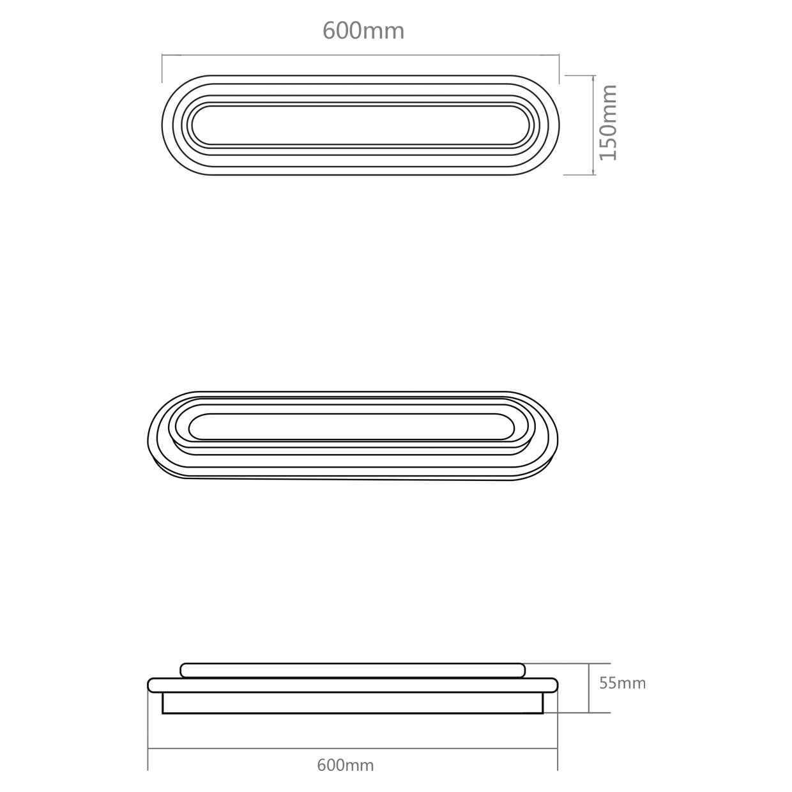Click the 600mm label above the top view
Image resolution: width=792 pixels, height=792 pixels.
point(363,31)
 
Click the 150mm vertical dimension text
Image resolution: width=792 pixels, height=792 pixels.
point(608,123)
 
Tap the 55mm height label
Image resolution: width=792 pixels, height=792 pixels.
point(622,683)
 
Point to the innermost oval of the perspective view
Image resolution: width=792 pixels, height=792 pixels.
point(351,415)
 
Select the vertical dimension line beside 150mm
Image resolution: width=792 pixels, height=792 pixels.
point(593,125)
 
